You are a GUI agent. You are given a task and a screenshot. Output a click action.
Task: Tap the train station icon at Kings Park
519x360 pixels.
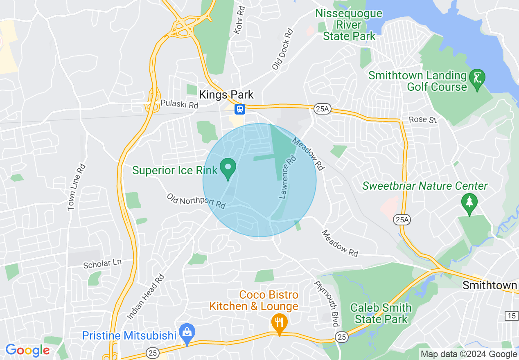239,109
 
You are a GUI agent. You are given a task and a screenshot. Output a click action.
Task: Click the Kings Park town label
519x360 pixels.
226,95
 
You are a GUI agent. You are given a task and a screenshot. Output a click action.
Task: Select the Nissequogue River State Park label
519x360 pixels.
349,25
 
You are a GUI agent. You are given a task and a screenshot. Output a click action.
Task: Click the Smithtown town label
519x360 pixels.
490,285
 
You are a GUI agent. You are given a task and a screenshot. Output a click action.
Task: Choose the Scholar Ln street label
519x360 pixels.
102,264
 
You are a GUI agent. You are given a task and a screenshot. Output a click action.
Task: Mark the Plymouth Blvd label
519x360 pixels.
327,303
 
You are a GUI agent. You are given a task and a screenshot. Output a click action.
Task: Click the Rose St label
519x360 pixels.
423,120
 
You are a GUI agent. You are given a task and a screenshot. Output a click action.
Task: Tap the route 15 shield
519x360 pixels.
512,315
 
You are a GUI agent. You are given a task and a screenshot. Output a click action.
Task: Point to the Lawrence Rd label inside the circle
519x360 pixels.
287,176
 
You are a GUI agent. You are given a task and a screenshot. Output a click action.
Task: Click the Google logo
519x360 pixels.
27,350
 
